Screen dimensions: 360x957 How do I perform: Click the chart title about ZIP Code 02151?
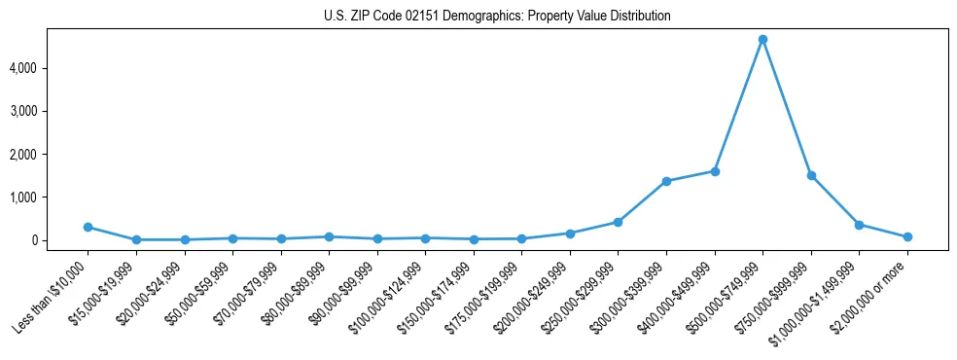tap(497, 16)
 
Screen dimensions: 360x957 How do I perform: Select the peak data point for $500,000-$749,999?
tap(762, 40)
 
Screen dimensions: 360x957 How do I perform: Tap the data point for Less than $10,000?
tap(89, 227)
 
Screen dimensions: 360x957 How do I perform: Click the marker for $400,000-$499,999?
tap(715, 171)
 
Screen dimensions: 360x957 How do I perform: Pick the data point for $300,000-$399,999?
tap(666, 181)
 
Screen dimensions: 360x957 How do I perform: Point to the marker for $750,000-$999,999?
tap(811, 176)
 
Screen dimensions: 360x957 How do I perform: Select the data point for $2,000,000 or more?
tap(907, 236)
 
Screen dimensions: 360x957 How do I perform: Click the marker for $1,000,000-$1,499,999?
tap(859, 225)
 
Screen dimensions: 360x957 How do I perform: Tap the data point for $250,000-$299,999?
tap(618, 222)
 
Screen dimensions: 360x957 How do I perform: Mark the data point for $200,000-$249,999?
tap(570, 234)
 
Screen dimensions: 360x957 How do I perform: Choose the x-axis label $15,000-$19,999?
tap(106, 291)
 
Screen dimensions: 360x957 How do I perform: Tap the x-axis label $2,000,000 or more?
tap(875, 292)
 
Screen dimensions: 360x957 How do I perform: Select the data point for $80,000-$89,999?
tap(329, 236)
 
